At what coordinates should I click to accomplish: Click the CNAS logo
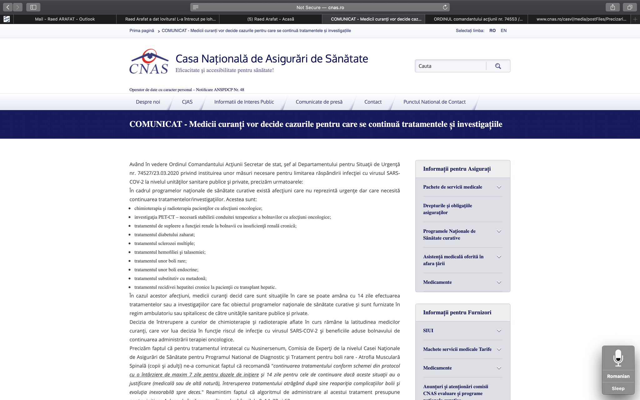point(149,62)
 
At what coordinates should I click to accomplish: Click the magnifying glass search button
point(498,66)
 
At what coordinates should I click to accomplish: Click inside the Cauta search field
point(450,66)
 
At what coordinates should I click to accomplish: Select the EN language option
point(503,31)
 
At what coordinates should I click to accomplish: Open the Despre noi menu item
point(148,102)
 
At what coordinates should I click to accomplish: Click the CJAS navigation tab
point(187,102)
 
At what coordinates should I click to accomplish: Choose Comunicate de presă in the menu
point(319,102)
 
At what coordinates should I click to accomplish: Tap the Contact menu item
point(373,102)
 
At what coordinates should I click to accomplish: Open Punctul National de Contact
point(434,102)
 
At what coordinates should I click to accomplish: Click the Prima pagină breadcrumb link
point(142,31)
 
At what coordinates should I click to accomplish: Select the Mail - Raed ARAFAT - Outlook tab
point(65,19)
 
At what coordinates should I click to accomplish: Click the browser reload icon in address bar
point(445,7)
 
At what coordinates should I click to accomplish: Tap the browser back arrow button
point(8,7)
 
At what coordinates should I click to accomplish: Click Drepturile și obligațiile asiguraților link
point(447,209)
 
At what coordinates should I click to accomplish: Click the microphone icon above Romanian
point(618,358)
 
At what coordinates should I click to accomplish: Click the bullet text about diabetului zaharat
point(164,235)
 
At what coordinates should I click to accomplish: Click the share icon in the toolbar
point(612,7)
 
